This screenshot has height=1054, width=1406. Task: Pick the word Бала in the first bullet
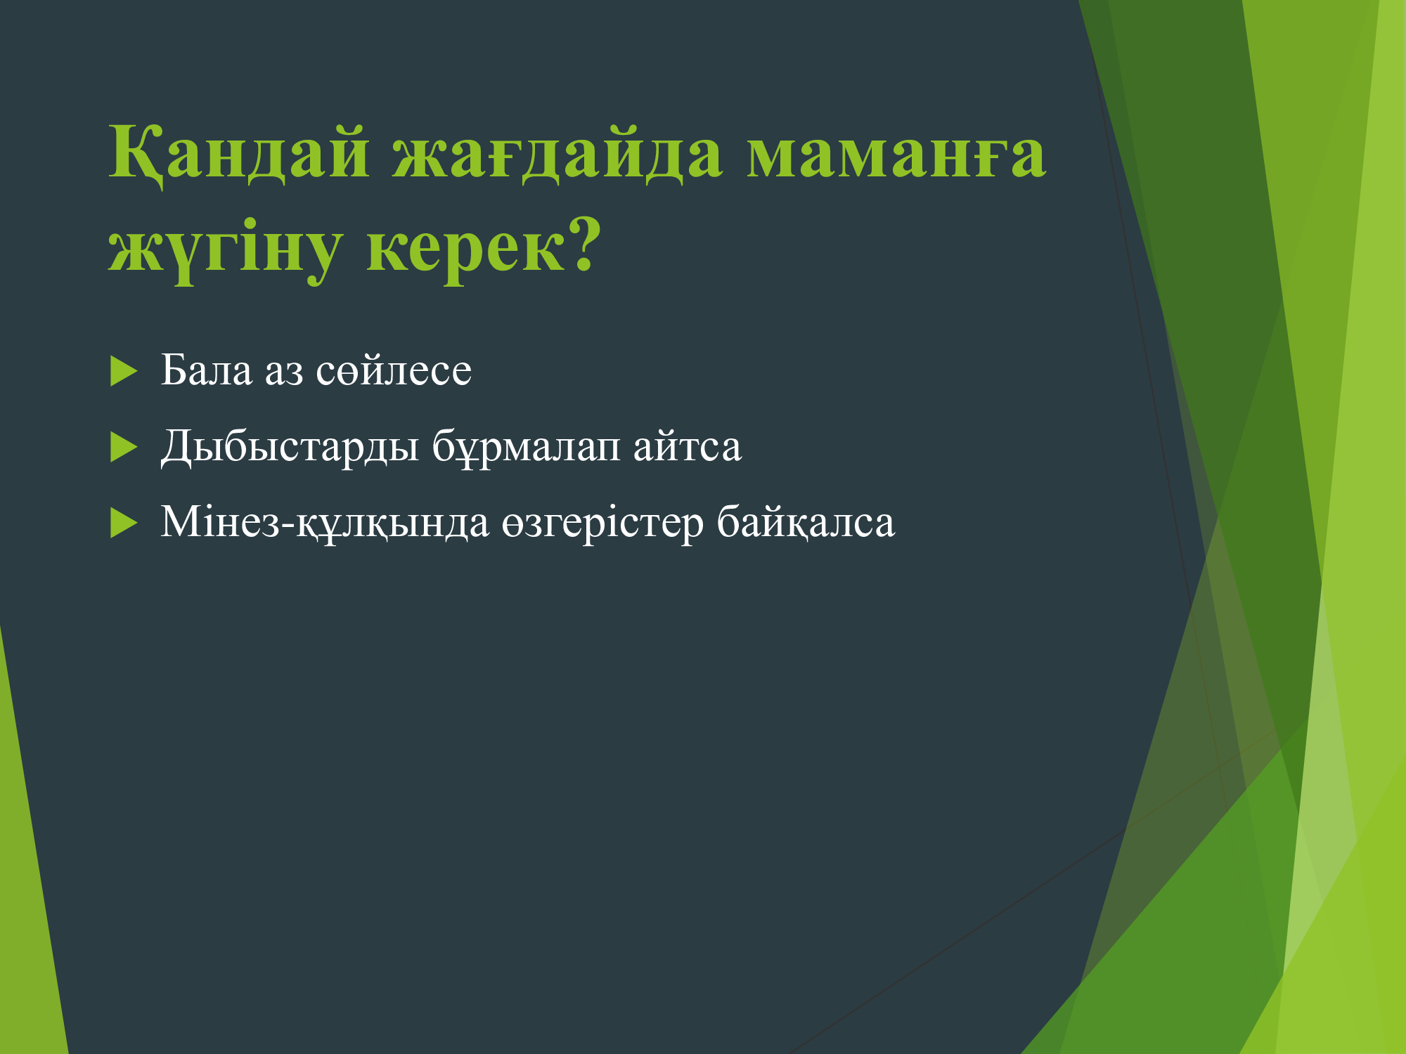(206, 370)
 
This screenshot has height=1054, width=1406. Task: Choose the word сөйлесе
(394, 370)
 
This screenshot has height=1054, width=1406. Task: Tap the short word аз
(284, 372)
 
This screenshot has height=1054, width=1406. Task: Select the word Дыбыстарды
(290, 447)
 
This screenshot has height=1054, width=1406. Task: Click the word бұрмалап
(526, 447)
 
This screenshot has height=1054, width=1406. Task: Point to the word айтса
(687, 445)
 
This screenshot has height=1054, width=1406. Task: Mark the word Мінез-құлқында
(325, 523)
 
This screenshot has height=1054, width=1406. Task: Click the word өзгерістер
(602, 524)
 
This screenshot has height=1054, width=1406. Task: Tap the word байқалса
(806, 523)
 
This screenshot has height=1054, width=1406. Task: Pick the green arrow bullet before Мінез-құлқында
(123, 523)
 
